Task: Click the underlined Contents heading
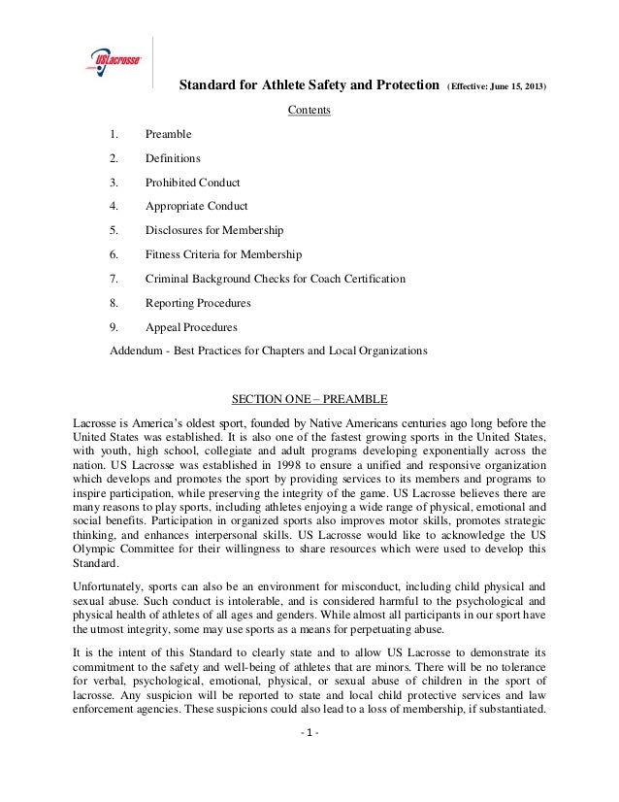click(309, 110)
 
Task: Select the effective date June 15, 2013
click(496, 86)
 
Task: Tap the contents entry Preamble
click(168, 134)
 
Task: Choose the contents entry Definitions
click(173, 158)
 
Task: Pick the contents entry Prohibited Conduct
click(192, 183)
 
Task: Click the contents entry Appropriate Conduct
click(196, 206)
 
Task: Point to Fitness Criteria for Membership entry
click(223, 254)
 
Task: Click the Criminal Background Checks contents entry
click(275, 279)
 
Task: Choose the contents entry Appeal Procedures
click(190, 327)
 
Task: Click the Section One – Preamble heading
click(308, 399)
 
